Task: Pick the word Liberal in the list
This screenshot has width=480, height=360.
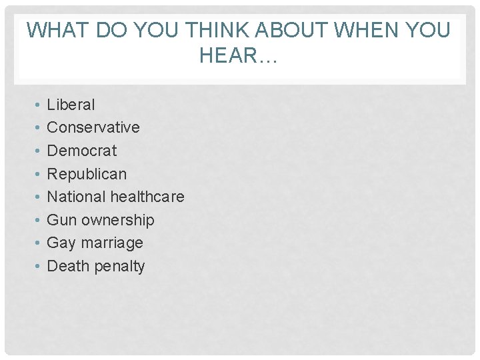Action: [71, 105]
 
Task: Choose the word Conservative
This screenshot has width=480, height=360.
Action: [93, 127]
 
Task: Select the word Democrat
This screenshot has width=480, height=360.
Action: [81, 151]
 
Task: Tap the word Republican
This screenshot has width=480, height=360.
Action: [87, 174]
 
